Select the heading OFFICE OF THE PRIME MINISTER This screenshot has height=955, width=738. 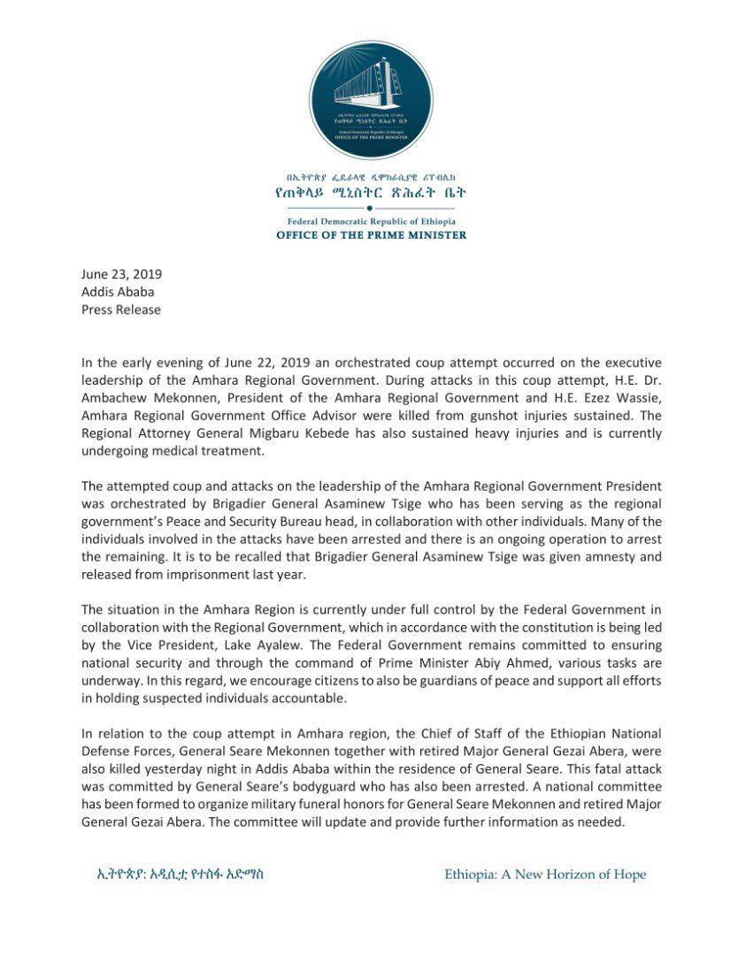coord(371,235)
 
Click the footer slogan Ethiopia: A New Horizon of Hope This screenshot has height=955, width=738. coord(545,875)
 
